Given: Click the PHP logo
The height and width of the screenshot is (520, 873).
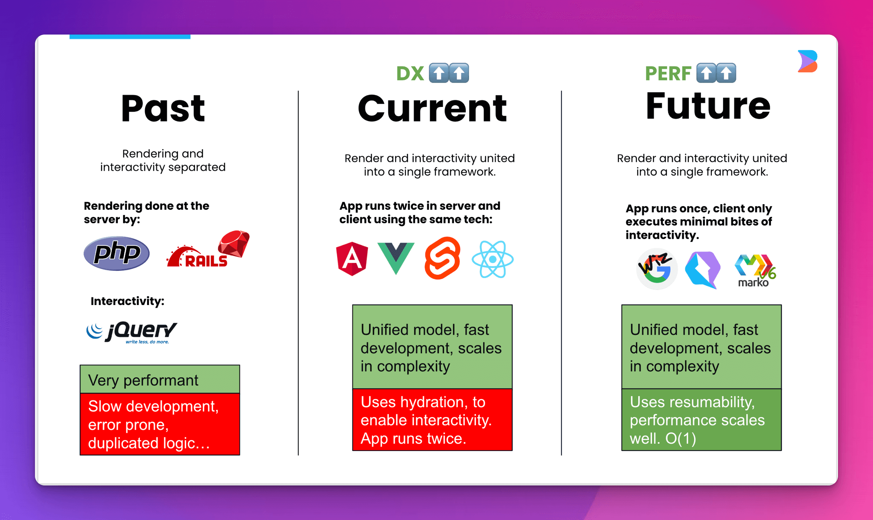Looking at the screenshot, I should click(117, 253).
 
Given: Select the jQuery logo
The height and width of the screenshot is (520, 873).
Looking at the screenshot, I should click(131, 332).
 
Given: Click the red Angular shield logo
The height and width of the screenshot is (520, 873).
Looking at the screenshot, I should click(352, 259).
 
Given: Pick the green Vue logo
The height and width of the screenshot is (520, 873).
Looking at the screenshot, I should click(396, 258).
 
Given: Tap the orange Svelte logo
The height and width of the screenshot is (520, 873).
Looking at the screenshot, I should click(443, 258).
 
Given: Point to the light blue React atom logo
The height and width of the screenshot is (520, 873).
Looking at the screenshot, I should click(492, 259).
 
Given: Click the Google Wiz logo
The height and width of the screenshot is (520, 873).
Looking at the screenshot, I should click(657, 268).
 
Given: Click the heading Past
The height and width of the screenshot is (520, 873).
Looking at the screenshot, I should click(163, 108).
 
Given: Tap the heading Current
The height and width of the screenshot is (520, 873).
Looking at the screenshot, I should click(432, 108).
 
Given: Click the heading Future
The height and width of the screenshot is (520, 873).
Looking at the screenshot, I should click(708, 106).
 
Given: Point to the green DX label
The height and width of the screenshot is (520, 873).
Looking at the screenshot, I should click(410, 74).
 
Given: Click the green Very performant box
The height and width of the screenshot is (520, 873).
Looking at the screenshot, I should click(160, 379).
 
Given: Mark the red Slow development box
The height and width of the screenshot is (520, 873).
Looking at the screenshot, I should click(160, 424).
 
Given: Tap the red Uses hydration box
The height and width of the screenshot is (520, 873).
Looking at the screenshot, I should click(432, 420).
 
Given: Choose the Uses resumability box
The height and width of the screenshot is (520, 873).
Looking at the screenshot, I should click(701, 420).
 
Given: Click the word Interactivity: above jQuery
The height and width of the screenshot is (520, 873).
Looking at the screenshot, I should click(127, 301).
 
